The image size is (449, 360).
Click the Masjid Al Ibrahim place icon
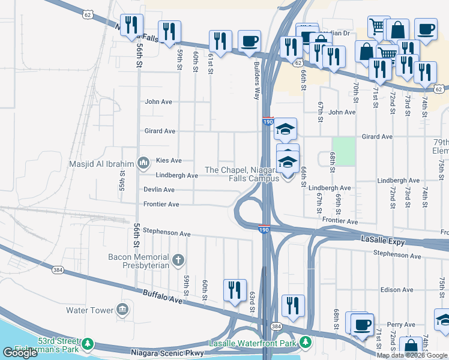[x=143, y=162]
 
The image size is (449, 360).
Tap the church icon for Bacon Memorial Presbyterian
[x=178, y=260]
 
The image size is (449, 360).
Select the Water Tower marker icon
[x=122, y=310]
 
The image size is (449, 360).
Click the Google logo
[x=20, y=353]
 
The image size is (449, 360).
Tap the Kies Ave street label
[x=168, y=161]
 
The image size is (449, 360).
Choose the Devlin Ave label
[x=159, y=190]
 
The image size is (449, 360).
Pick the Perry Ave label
[x=402, y=325]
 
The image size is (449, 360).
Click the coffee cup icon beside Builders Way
[x=249, y=41]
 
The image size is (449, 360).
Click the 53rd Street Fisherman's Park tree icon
[x=88, y=343]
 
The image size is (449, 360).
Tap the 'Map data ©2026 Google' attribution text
[x=412, y=355]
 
